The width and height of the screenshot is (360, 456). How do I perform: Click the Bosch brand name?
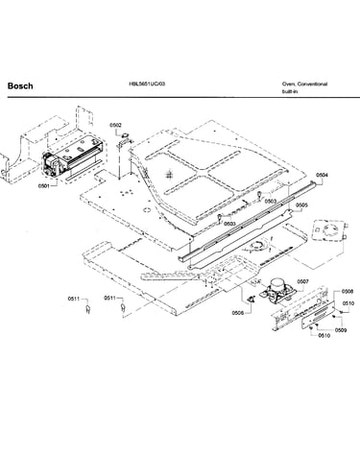(20, 85)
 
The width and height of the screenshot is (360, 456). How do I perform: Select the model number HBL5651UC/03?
(147, 84)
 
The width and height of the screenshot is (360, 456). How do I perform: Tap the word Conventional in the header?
(312, 84)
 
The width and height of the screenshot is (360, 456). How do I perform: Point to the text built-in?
(290, 91)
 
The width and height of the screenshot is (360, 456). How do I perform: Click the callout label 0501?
(44, 185)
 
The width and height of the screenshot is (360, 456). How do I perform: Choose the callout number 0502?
(115, 125)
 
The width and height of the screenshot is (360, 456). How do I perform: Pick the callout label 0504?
(322, 175)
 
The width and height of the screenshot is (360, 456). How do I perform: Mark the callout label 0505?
(301, 205)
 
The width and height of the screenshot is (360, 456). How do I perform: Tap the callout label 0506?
(238, 313)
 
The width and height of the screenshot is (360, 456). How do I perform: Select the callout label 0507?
(302, 281)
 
